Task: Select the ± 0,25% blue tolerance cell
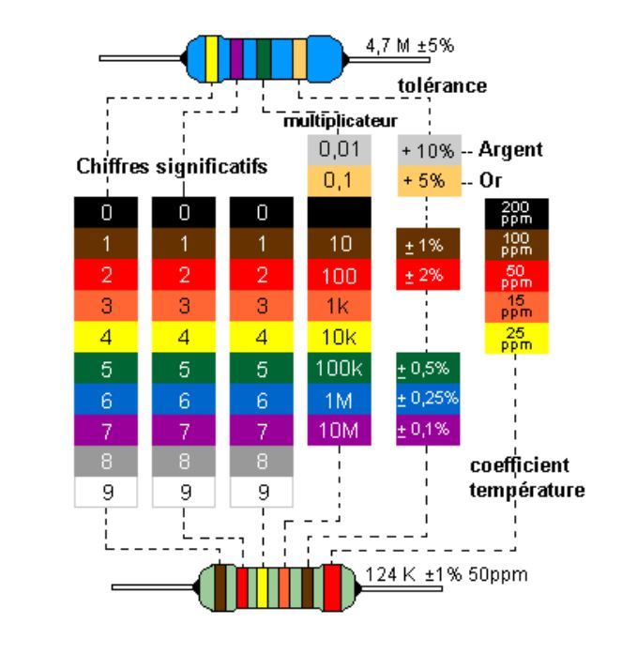[427, 398]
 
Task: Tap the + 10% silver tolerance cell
[427, 150]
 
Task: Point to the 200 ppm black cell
[516, 211]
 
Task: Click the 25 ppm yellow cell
[516, 337]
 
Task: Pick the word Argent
[510, 150]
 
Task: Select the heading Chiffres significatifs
[172, 167]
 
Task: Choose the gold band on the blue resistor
[299, 56]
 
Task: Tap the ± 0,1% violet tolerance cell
[427, 429]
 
